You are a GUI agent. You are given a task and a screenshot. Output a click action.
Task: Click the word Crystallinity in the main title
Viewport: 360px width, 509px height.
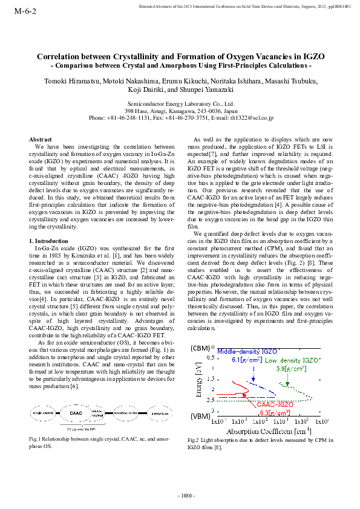pos(124,56)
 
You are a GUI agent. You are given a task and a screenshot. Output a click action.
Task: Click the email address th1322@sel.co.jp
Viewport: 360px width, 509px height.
pos(252,118)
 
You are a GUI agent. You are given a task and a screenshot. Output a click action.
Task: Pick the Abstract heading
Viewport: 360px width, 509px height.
pos(41,139)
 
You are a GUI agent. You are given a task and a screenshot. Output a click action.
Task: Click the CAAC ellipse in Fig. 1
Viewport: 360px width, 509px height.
pos(76,413)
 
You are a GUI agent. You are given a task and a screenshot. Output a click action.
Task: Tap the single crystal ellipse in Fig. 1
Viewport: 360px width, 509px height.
pos(43,413)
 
